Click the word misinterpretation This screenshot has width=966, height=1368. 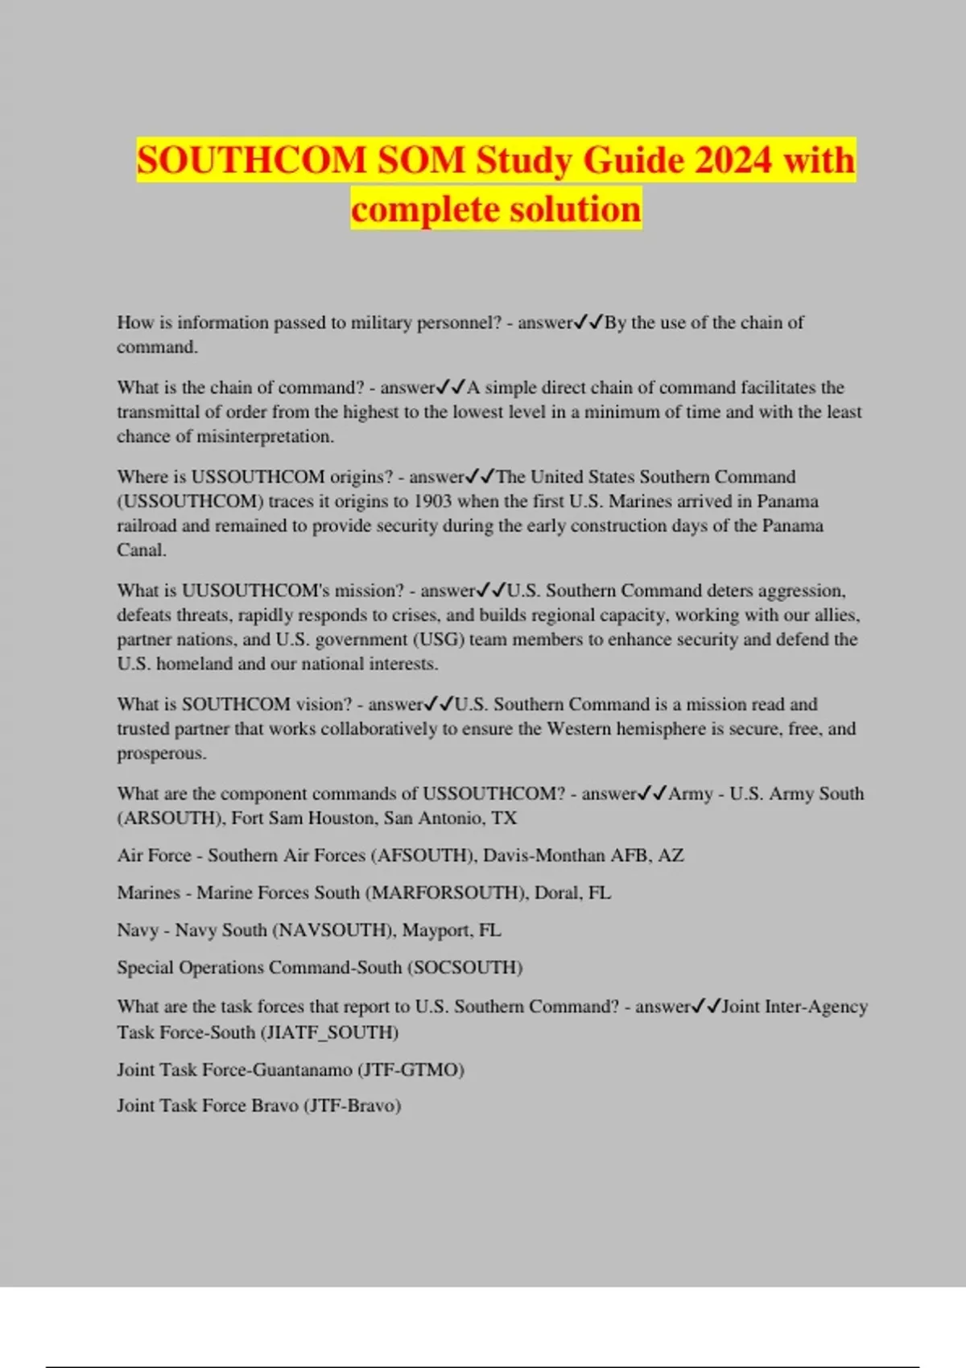[x=265, y=437]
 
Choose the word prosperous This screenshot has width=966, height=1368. [x=161, y=754]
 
